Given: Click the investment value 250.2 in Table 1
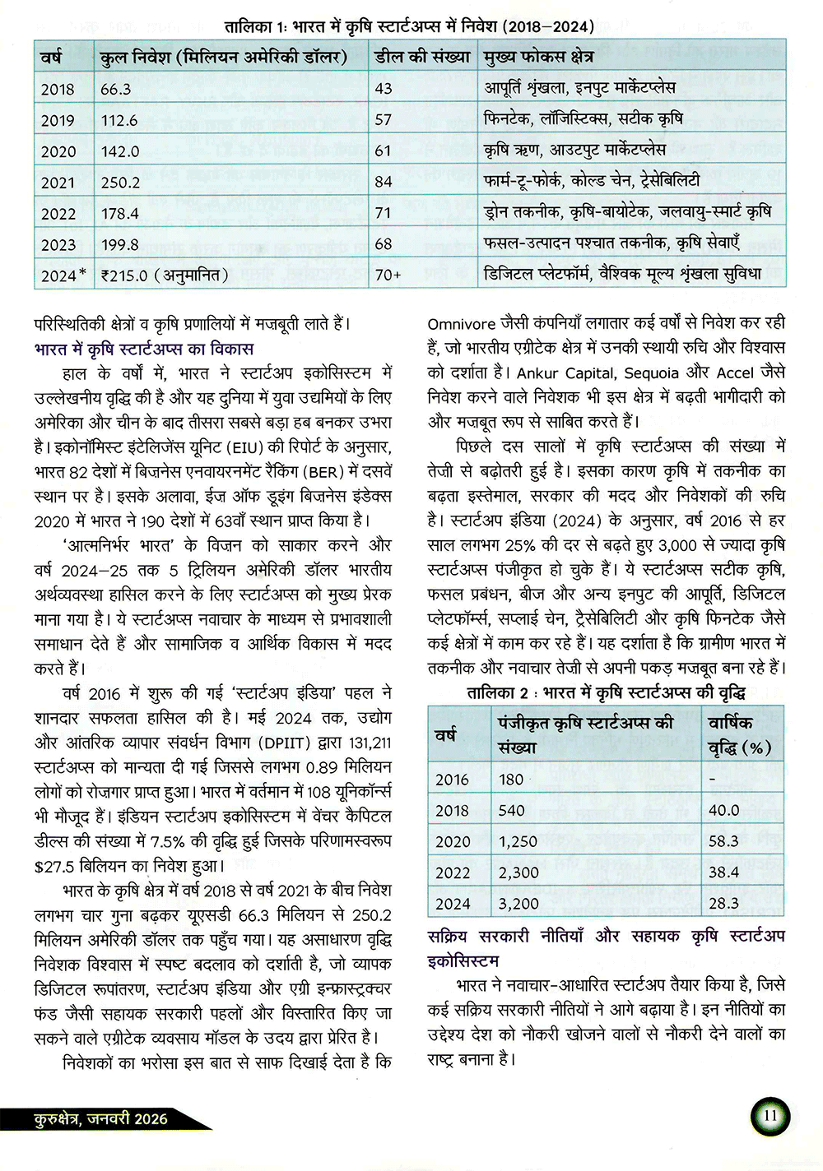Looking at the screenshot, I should pos(120,183).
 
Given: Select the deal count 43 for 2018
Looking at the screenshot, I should pos(384,89).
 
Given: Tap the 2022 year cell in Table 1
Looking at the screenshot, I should pos(58,214).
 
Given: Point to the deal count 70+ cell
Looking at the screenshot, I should pos(388,275).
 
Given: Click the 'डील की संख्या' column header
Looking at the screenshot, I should pos(422,57).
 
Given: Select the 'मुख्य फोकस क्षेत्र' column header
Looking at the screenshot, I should pos(538,57).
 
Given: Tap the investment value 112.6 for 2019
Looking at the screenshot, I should pos(119,120).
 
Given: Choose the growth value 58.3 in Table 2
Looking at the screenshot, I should pos(723,841).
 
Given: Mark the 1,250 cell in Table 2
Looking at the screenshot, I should pos(518,841).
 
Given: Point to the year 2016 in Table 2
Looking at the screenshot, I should pos(452,780).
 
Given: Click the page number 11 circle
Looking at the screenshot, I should pos(770,1116).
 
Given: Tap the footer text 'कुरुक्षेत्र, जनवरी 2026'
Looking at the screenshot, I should pos(100,1118).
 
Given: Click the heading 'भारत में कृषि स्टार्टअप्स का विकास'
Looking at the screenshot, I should pos(144,349).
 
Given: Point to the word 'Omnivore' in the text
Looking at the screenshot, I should pos(462,324).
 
